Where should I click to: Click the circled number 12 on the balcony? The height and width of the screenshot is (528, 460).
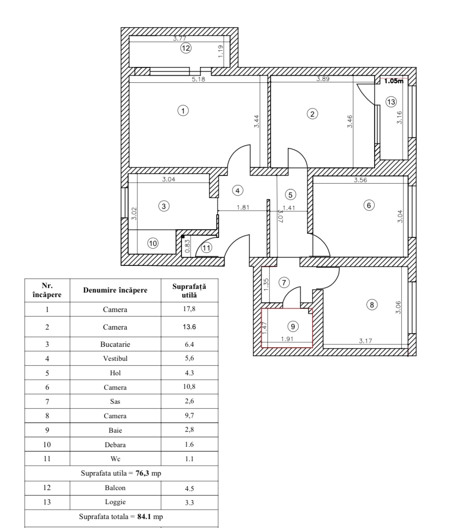(186, 48)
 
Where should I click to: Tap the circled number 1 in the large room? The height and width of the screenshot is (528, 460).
(183, 110)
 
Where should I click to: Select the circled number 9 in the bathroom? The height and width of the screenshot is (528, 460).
(293, 326)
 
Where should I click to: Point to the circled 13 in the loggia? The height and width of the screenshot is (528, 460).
(391, 102)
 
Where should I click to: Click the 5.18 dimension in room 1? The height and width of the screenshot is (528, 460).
(198, 79)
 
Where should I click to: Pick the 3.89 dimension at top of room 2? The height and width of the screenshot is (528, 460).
(323, 79)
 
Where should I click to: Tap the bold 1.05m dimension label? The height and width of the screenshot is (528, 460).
(394, 81)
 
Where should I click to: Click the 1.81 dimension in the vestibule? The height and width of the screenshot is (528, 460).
(242, 207)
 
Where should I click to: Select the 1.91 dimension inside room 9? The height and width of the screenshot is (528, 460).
(287, 339)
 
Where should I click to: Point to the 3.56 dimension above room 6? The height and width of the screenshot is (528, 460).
(360, 180)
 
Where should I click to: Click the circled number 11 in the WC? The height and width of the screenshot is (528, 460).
(206, 248)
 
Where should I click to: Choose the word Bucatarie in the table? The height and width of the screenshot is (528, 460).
(115, 344)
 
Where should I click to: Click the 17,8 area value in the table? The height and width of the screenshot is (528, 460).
(189, 309)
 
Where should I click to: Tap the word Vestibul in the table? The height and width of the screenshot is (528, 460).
(115, 358)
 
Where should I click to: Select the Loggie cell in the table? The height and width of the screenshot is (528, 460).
(115, 502)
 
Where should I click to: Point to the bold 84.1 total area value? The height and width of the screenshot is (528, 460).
(144, 517)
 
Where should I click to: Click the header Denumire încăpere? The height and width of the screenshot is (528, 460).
(115, 290)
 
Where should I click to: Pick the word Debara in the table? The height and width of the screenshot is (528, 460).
(115, 444)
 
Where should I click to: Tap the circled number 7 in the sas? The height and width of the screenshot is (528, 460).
(284, 282)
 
